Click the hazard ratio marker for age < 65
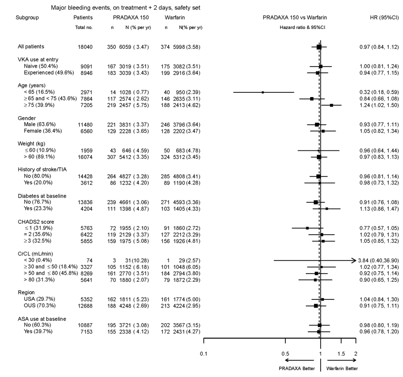click(x=263, y=92)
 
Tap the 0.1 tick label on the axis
click(x=203, y=354)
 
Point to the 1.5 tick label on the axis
click(x=341, y=354)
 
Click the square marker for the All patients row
click(x=319, y=47)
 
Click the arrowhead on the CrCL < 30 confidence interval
click(x=354, y=260)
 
